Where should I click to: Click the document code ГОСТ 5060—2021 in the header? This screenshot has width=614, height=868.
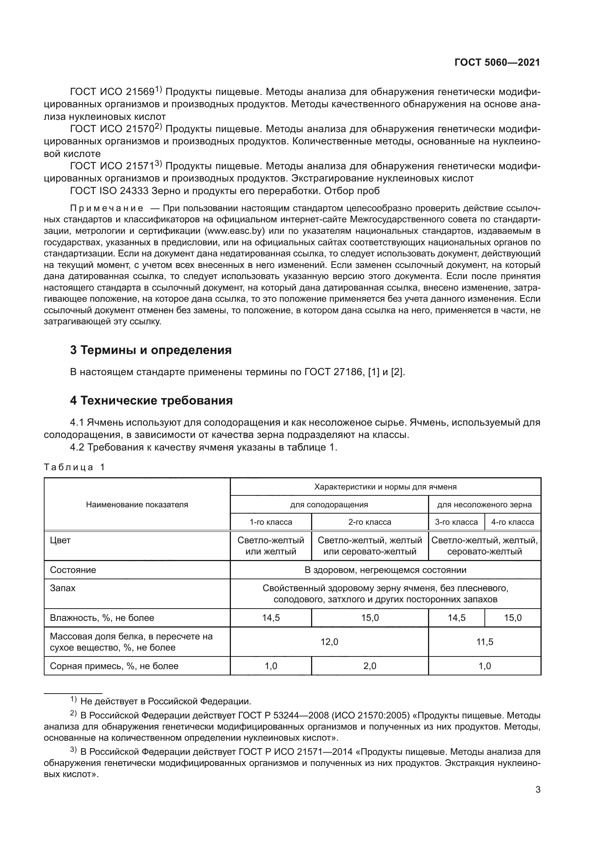497,63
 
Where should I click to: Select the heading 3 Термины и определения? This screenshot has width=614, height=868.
150,350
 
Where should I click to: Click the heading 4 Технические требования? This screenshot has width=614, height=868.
151,400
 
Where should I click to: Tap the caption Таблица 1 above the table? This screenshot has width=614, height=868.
74,467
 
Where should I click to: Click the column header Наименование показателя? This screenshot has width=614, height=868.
137,505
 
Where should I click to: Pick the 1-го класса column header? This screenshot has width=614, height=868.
271,522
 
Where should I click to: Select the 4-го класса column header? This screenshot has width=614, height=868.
512,522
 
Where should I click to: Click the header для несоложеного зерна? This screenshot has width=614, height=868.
484,505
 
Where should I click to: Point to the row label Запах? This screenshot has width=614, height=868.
63,588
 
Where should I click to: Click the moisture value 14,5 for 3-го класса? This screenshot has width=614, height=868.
456,618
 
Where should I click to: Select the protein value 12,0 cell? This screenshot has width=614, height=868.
329,642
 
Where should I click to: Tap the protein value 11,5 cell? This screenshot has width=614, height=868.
484,642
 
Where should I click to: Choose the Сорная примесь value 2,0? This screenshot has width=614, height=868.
369,666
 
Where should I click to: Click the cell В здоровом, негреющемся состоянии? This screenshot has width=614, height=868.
385,570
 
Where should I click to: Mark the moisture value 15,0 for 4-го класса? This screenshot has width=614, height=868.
512,618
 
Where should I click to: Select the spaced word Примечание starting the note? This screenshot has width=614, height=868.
107,209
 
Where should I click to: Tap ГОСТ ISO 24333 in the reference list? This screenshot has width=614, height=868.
109,191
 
